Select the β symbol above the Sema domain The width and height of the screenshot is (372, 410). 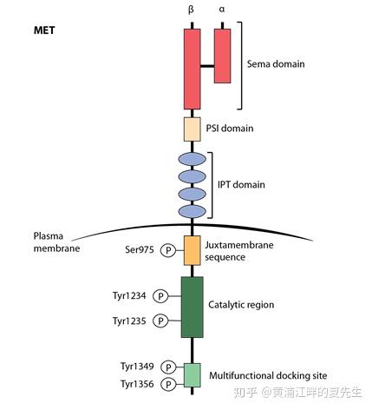coord(192,9)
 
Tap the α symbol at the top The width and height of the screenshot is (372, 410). coord(222,9)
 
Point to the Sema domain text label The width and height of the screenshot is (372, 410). coord(276,64)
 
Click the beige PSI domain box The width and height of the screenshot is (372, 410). coord(192,129)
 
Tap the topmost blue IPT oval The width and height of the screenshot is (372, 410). coord(192,159)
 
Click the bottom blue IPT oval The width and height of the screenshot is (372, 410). coord(192,211)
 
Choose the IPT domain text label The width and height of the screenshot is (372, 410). coord(241,185)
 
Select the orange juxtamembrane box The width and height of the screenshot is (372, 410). coord(192,250)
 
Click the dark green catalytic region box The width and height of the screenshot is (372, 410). coord(192,307)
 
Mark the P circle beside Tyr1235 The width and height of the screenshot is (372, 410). coord(160,321)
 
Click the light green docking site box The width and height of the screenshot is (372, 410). coord(192,374)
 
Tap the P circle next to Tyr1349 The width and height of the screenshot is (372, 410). coord(168,367)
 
